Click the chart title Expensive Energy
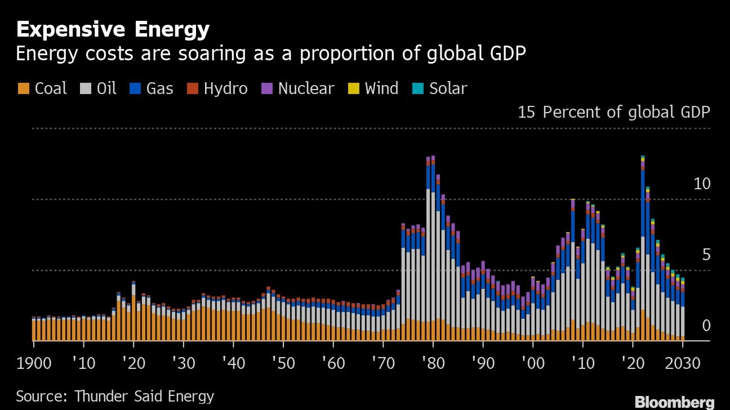pyautogui.click(x=113, y=29)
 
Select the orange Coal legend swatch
pyautogui.click(x=24, y=89)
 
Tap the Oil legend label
pyautogui.click(x=106, y=89)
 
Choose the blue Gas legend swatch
pyautogui.click(x=136, y=89)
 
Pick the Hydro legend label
pyautogui.click(x=225, y=89)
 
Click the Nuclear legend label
pyautogui.click(x=306, y=89)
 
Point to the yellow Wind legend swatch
pyautogui.click(x=354, y=89)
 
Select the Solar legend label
pyautogui.click(x=448, y=89)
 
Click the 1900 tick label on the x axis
pyautogui.click(x=34, y=363)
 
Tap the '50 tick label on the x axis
pyautogui.click(x=282, y=363)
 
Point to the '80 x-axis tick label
pyautogui.click(x=431, y=363)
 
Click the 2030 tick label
pyautogui.click(x=682, y=363)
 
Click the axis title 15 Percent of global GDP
pyautogui.click(x=614, y=112)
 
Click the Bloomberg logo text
pyautogui.click(x=674, y=402)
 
